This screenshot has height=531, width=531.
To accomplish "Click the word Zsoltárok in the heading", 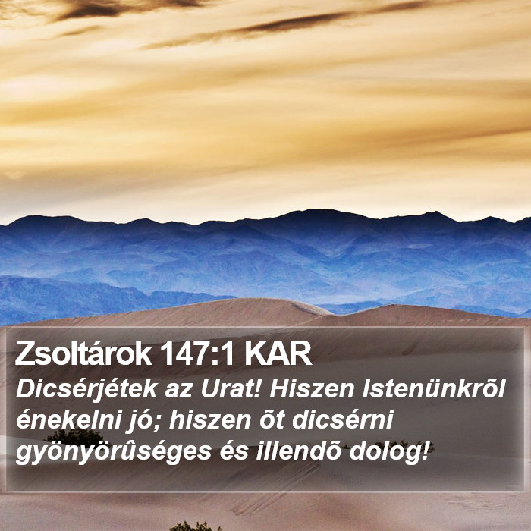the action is pos(83,354).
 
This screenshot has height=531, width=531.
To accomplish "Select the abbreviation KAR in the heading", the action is pos(278,354).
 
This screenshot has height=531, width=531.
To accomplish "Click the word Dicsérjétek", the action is pos(86,390).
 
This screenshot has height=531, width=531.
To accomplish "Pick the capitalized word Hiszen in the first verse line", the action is pos(312,388).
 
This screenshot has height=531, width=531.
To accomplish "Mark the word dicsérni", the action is pos(342,419).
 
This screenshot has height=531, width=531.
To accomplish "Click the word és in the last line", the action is pos(234,451).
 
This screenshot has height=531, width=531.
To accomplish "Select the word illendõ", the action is pos(298,451).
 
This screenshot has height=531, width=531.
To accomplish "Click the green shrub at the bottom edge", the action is pos(195,526).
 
